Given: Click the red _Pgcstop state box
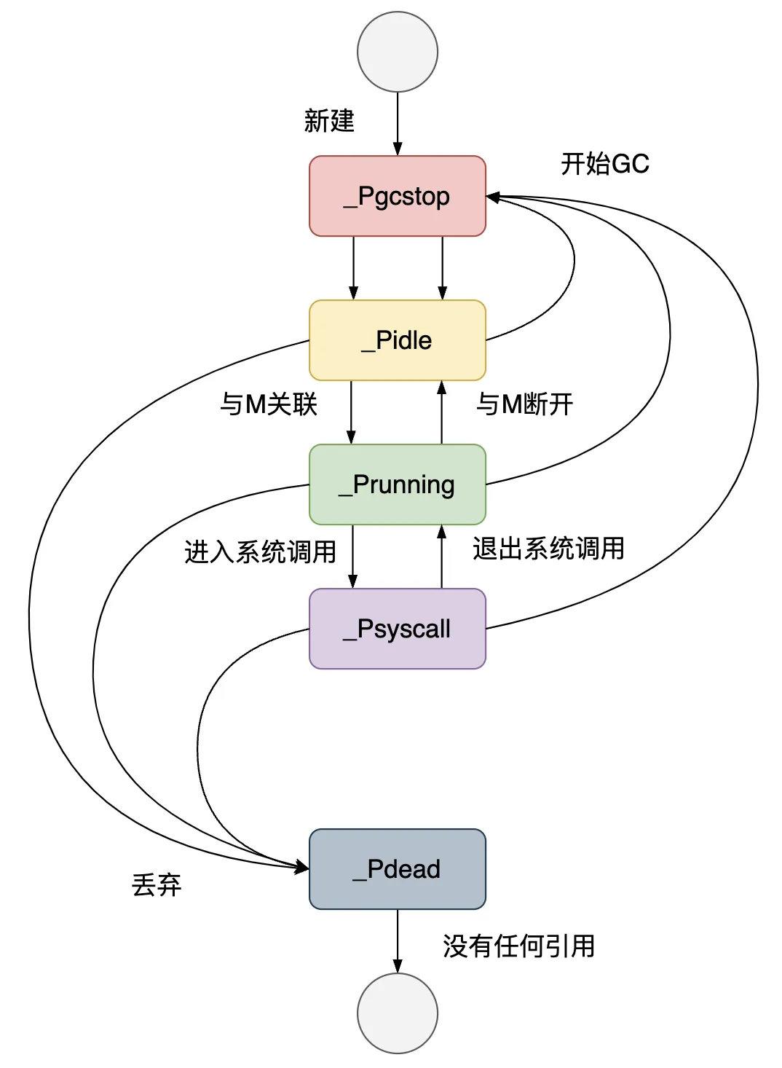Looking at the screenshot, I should pos(397,196).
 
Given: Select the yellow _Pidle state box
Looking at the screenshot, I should pos(397,340).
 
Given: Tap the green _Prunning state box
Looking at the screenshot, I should pos(397,484).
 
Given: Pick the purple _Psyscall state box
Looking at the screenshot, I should pos(397,629).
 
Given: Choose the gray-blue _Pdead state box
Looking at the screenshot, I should pos(397,869).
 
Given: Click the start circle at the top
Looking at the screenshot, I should pos(398,52).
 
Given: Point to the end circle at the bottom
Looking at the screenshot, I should pos(398,1013).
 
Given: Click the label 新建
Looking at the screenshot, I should pos(329,120).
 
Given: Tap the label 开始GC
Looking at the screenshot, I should pos(604,164).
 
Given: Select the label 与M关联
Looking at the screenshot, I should pos(269,403).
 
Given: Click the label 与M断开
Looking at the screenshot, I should pos(524,403).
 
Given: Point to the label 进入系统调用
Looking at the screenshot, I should pos(260,551).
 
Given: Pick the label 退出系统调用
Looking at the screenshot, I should pos(548,548).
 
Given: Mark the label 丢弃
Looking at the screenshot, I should pos(157,885).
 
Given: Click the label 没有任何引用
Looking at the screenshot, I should pos(518,946).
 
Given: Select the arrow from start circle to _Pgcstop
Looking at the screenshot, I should pos(398,124).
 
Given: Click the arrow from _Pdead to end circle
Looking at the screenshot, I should pos(398,941).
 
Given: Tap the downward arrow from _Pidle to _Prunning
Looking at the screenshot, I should pos(352,412).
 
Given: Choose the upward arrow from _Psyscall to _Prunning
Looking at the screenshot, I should pos(441,557).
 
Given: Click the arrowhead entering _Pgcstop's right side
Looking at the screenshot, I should pos(493,197).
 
